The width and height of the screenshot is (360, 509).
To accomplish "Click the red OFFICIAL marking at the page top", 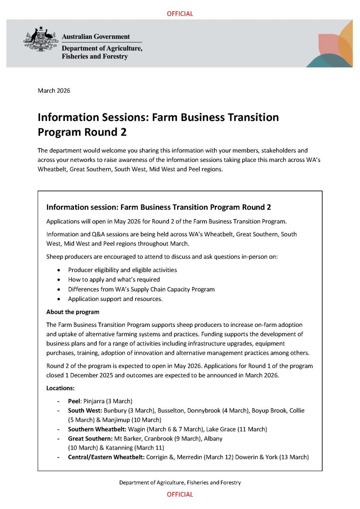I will coord(180,14).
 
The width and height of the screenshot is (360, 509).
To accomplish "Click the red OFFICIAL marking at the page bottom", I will coord(180,494).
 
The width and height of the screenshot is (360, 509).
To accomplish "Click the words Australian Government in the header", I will coord(95,37).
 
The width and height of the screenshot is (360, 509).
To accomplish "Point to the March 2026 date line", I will coord(54,91).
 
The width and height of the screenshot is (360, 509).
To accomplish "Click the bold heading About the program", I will coord(73,312).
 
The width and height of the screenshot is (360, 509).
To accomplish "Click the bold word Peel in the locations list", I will coord(74,401).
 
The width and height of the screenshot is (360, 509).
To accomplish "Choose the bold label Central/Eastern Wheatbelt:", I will coord(106,457).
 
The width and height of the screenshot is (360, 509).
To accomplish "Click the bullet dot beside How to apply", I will coord(59,280).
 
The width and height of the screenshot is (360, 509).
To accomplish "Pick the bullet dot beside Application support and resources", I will coord(59,299).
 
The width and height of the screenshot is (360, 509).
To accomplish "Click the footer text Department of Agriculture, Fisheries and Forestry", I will coord(180,482).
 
